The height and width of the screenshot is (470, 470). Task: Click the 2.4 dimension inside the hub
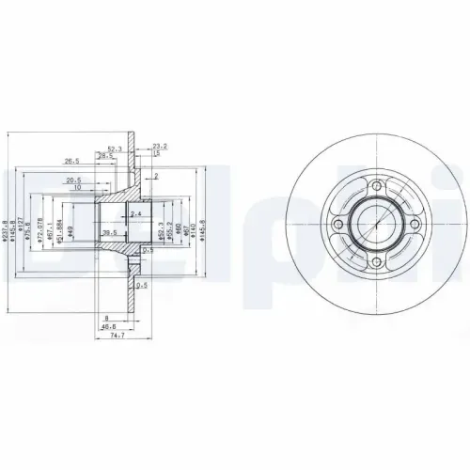pos(137,215)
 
